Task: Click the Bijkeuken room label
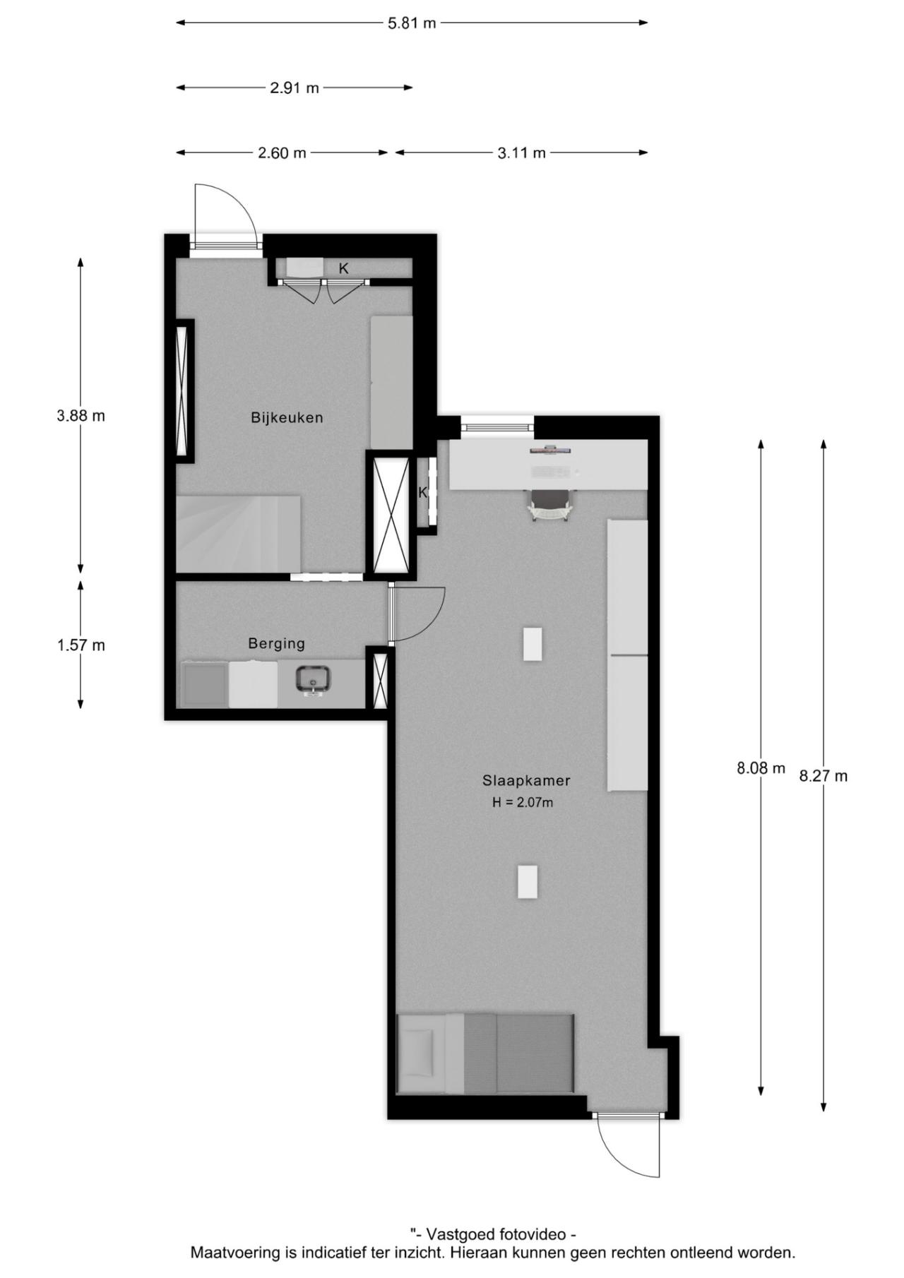(287, 417)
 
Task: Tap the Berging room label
(276, 644)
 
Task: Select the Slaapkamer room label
(526, 780)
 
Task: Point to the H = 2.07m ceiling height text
(523, 802)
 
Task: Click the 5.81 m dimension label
(412, 23)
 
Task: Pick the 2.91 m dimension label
(295, 88)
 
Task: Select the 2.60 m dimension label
(282, 153)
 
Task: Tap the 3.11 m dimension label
(522, 153)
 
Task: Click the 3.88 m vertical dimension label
(81, 416)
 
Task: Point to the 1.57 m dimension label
(81, 645)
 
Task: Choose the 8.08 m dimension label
(761, 768)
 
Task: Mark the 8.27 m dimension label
(823, 776)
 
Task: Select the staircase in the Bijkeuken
(238, 534)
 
